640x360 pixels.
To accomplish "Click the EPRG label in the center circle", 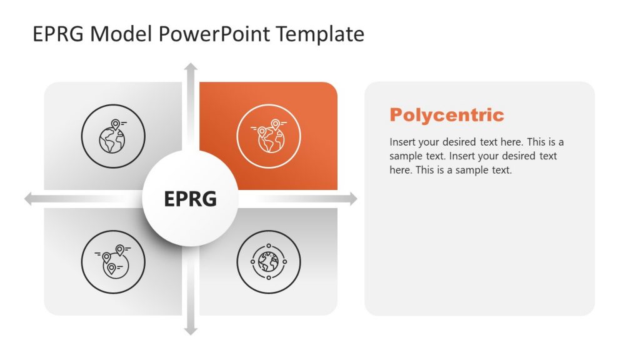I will point(190,199).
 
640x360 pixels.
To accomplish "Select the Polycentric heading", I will point(446,115).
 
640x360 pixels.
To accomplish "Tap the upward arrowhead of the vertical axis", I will point(191,67).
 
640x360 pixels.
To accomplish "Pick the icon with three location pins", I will point(112,261).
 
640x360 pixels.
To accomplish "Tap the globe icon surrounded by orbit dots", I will point(269,261).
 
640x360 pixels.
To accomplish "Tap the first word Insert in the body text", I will point(403,142).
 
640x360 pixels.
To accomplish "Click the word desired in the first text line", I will point(458,142).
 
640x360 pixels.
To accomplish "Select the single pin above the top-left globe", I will point(115,124).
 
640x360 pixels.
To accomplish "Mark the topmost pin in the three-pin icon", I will point(119,250).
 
